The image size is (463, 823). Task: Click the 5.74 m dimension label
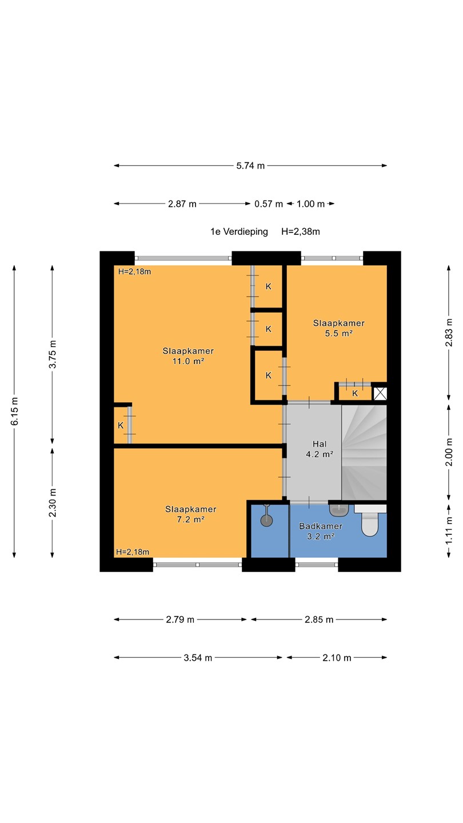click(250, 166)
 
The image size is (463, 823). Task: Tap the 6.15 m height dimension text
click(15, 411)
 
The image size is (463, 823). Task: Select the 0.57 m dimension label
click(269, 204)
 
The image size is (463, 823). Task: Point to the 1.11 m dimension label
click(449, 532)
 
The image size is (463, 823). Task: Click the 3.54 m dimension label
click(198, 658)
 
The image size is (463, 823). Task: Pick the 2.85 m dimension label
click(319, 620)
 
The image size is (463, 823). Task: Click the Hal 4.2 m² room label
click(320, 449)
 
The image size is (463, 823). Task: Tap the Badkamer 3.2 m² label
click(321, 532)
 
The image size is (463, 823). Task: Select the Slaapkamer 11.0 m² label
click(188, 356)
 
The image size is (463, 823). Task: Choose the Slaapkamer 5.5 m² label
click(339, 328)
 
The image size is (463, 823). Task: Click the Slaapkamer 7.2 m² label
click(191, 514)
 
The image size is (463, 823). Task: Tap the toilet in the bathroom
click(370, 520)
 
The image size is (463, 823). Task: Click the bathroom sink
click(339, 510)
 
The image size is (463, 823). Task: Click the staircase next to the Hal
click(364, 452)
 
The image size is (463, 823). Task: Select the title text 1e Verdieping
click(239, 232)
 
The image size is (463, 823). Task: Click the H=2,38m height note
click(301, 232)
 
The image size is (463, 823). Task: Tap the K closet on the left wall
click(121, 425)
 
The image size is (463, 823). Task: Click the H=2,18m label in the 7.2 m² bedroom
click(133, 552)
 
